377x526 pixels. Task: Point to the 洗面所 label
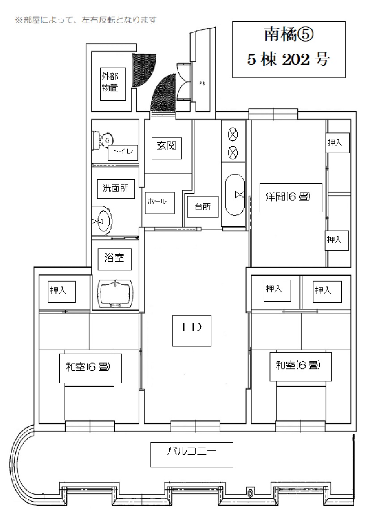[x=116, y=188]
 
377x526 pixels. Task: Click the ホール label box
[x=160, y=203]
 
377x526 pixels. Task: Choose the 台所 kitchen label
[x=202, y=207]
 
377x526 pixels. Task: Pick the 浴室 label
[x=114, y=258]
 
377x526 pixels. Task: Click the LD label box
[x=192, y=330]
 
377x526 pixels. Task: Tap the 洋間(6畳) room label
[x=291, y=197]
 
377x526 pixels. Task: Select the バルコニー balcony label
[x=192, y=454]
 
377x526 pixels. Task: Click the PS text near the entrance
[x=202, y=84]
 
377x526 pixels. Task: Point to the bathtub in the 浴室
[x=116, y=294]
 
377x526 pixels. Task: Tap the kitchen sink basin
[x=235, y=195]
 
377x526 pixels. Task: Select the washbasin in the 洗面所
[x=102, y=221]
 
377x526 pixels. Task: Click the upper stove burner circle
[x=233, y=135]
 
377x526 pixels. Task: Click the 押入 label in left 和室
[x=62, y=291]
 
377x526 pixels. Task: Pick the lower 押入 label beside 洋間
[x=337, y=240]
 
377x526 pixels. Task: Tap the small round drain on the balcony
[x=250, y=493]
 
